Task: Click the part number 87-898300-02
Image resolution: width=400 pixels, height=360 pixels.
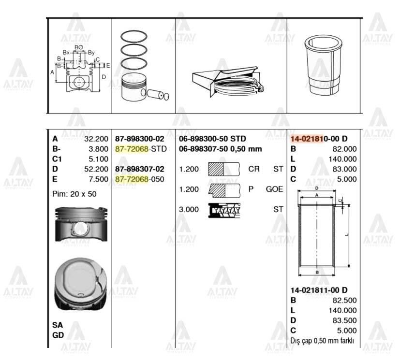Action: point(140,138)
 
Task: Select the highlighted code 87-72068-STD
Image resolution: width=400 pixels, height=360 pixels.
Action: point(140,148)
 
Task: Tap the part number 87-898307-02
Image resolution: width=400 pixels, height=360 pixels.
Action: point(140,169)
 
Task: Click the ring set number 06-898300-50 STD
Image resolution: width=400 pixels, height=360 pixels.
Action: point(213,139)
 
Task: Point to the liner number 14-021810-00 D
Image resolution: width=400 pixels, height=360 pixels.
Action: point(319,138)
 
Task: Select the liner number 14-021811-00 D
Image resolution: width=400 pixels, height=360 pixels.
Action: point(319,290)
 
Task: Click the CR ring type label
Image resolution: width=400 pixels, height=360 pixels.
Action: point(253,169)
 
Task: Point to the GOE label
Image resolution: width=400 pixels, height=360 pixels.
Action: point(274,189)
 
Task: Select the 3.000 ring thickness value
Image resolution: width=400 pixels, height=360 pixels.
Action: point(189,209)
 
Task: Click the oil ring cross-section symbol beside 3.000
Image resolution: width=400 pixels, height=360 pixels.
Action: point(224,209)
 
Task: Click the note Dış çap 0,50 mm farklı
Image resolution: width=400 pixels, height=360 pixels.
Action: point(322,341)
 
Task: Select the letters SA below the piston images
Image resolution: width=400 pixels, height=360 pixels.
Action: point(58,325)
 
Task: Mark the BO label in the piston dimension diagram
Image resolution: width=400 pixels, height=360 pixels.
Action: point(79,47)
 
